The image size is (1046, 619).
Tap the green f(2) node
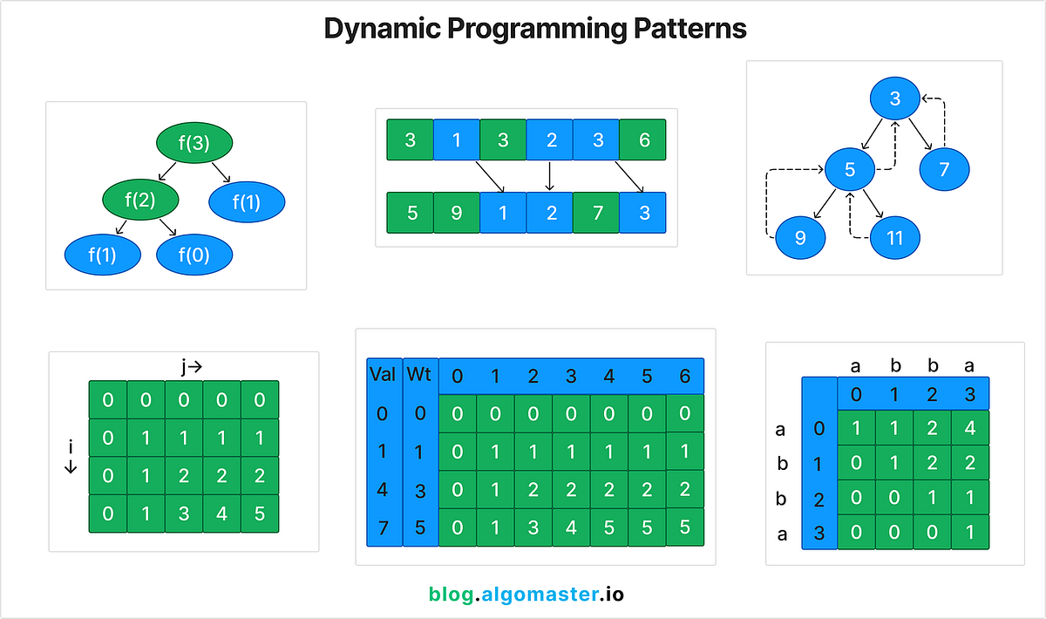pos(139,200)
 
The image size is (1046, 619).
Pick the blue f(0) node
pos(194,255)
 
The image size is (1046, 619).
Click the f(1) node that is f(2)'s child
pos(102,255)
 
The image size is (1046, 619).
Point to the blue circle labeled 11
pos(894,237)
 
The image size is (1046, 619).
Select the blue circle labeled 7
pos(944,168)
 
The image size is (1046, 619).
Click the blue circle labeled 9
pos(801,237)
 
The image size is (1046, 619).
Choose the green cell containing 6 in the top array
pos(643,140)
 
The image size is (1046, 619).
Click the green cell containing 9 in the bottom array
pos(457,213)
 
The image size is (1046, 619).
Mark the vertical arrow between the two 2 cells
pos(549,176)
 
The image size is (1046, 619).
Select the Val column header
pos(383,375)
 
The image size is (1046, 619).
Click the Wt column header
pos(419,375)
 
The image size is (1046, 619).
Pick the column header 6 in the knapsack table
pos(683,376)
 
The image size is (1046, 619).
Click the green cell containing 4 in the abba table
pos(969,428)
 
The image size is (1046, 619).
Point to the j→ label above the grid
pos(192,367)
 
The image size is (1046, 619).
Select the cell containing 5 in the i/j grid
pos(260,514)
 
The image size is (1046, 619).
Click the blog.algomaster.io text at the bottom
pos(526,595)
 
